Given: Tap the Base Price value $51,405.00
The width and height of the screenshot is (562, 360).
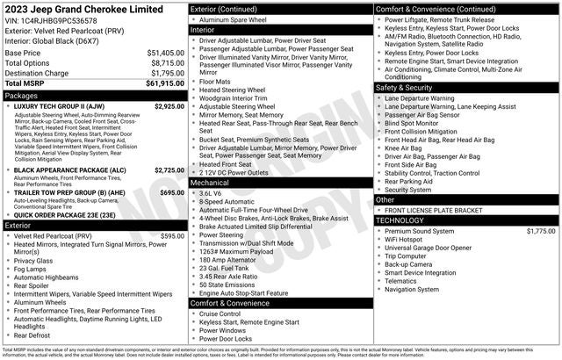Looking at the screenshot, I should [165, 53].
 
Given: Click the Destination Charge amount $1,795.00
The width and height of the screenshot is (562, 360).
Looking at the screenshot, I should [166, 73].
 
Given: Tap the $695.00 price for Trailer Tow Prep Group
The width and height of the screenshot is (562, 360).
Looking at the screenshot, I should [171, 192].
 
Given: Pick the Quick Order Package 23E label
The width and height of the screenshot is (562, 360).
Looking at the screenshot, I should [66, 214].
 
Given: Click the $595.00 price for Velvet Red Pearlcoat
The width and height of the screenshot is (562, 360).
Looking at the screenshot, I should [172, 236].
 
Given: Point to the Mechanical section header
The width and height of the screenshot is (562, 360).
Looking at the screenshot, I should [210, 183].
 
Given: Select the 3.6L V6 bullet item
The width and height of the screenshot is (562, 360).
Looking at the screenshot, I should [210, 193].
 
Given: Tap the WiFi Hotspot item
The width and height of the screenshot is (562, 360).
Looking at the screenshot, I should [410, 240].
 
